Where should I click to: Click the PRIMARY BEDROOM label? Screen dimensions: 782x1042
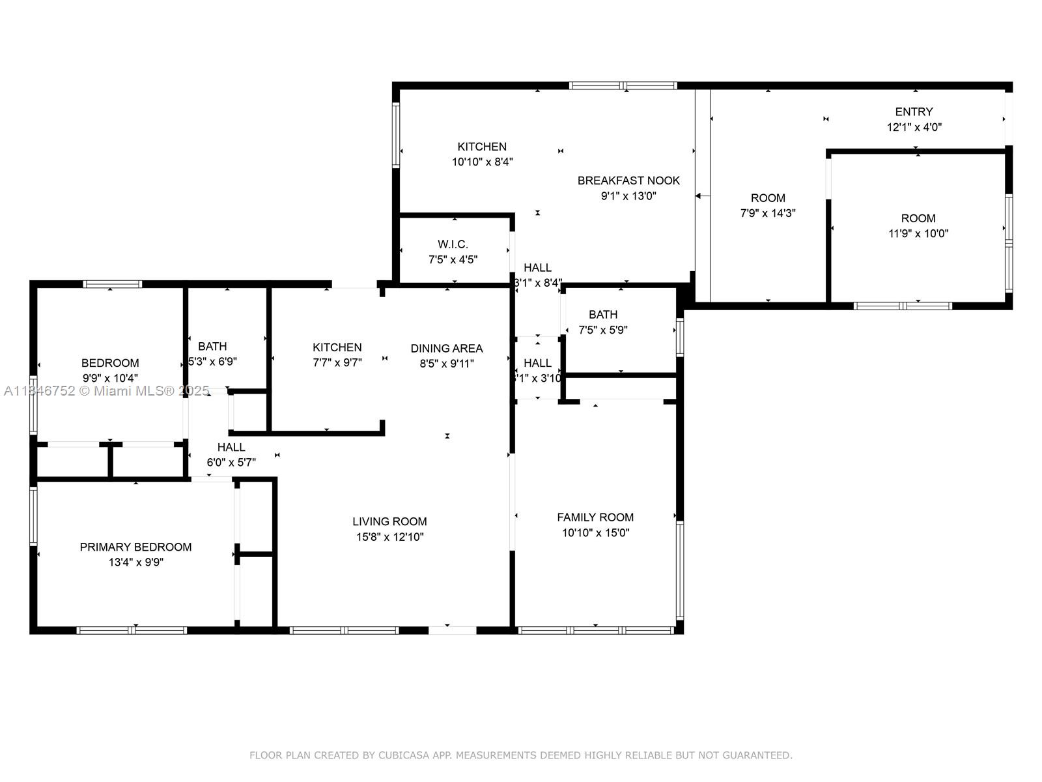click(x=135, y=547)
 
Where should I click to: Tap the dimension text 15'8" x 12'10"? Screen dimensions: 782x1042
click(x=389, y=537)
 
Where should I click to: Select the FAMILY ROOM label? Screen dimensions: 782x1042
click(x=595, y=517)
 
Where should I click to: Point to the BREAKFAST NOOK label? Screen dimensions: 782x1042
click(x=628, y=181)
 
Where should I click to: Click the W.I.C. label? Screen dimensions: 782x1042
click(x=453, y=244)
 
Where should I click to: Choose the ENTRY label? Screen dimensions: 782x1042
click(x=914, y=111)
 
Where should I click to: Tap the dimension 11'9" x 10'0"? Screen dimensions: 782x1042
click(x=918, y=234)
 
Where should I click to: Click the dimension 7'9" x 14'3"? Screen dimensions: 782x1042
click(x=768, y=213)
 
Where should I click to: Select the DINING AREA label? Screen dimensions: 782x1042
click(x=447, y=348)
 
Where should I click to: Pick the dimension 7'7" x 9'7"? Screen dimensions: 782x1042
click(x=337, y=363)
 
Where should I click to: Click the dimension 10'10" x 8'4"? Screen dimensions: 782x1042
click(x=482, y=162)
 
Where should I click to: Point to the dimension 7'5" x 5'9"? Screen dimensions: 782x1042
click(x=603, y=330)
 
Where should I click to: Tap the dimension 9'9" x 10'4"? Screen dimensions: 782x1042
click(x=110, y=378)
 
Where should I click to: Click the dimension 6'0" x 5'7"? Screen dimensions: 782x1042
click(x=231, y=463)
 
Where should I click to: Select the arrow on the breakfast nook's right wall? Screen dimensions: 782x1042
click(x=701, y=195)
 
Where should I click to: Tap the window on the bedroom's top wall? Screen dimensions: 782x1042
click(x=112, y=284)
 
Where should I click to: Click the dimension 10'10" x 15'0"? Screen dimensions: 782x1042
click(x=595, y=532)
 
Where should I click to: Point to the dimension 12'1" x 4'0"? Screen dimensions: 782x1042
click(x=914, y=127)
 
